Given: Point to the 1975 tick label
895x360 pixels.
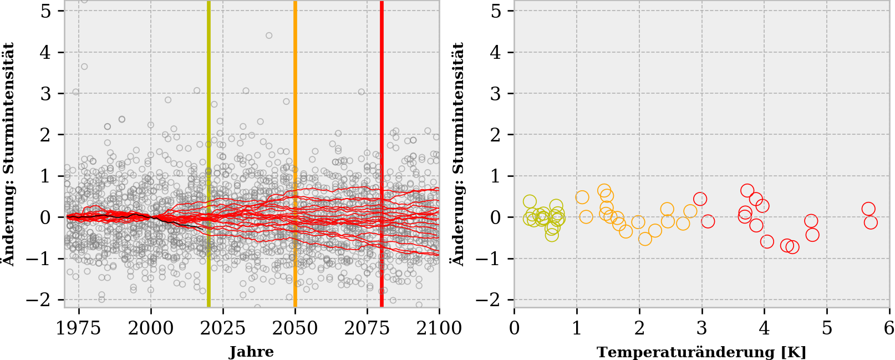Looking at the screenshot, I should [x=79, y=328].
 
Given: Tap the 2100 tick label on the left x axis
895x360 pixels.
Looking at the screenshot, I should [x=439, y=328].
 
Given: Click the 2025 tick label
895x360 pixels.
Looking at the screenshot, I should [x=223, y=328].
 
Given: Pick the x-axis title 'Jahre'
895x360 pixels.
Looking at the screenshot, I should [x=251, y=352].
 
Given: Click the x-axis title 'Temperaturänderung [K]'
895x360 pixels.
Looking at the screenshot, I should [x=701, y=352].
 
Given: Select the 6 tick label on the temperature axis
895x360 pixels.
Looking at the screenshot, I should [x=889, y=328].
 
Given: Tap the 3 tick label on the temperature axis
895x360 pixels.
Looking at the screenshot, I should [x=701, y=328].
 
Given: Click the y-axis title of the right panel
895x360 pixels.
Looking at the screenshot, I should [x=459, y=154].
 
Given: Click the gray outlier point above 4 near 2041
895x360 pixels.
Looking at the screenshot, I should [x=269, y=36].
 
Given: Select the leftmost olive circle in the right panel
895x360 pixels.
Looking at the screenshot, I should [x=530, y=201].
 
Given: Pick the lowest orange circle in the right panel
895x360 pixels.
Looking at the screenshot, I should [x=645, y=239].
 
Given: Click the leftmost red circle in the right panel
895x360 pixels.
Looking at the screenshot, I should [x=700, y=199].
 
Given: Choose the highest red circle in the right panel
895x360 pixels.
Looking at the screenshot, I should [x=747, y=191].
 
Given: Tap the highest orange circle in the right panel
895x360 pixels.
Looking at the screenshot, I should [x=604, y=191].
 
